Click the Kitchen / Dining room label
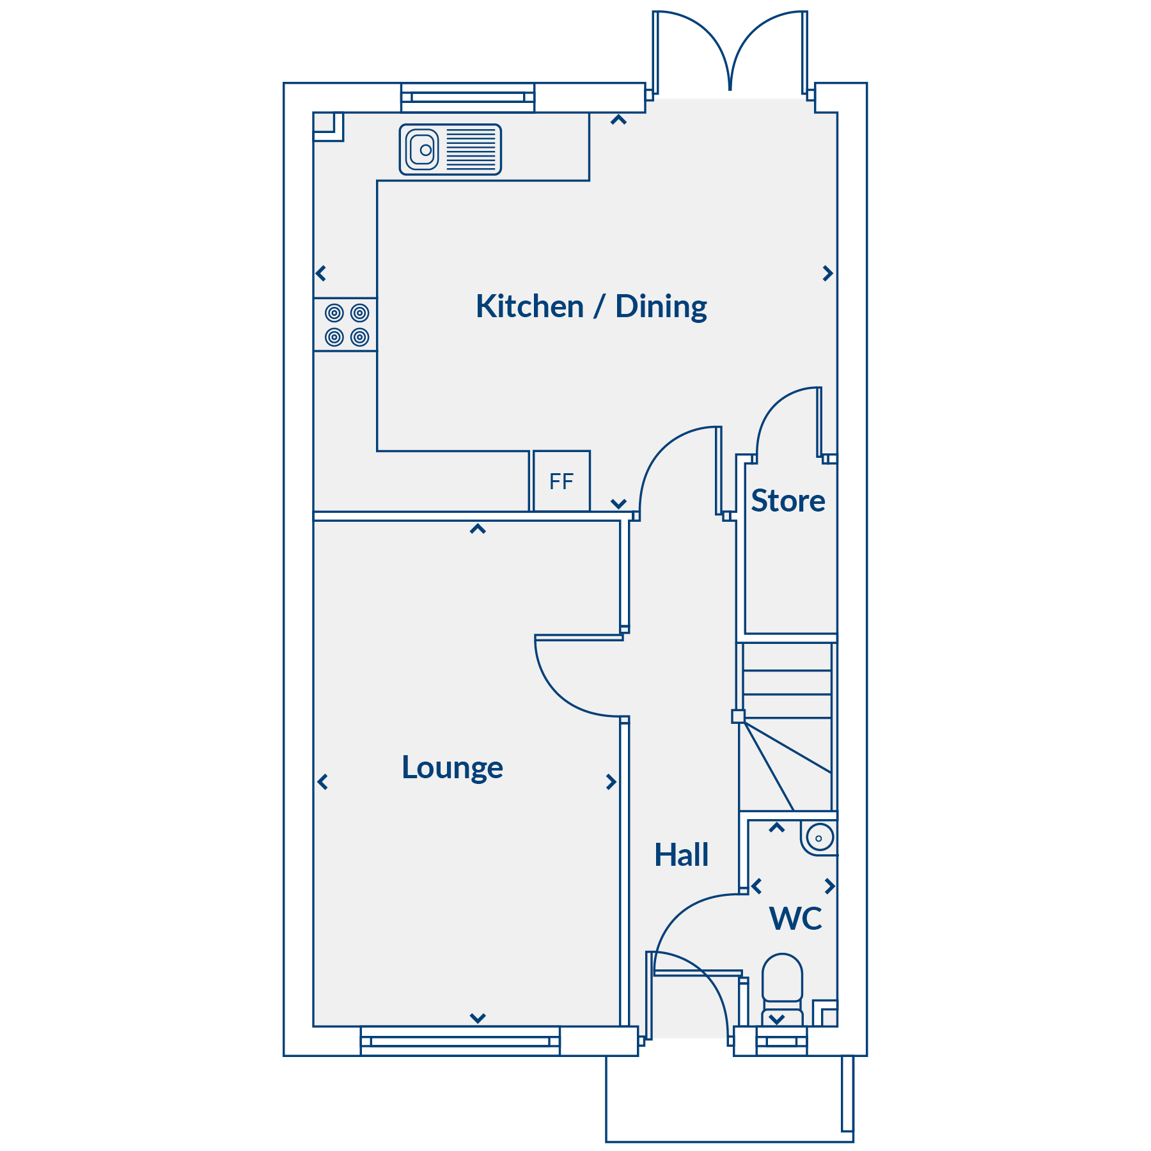[x=591, y=307]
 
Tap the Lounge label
[x=452, y=768]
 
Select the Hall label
[x=682, y=855]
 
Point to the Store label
[x=788, y=501]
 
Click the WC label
[x=796, y=919]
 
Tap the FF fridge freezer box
[x=561, y=481]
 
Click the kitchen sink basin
[x=422, y=150]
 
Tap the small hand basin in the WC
[x=819, y=838]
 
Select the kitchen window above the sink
[x=468, y=97]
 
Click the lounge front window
[x=460, y=1041]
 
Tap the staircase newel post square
[x=738, y=716]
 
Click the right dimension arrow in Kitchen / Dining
[x=828, y=274]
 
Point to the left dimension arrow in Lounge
[x=322, y=781]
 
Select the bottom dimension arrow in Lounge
[x=478, y=1018]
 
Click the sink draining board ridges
[x=471, y=150]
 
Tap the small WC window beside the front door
[x=781, y=1041]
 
